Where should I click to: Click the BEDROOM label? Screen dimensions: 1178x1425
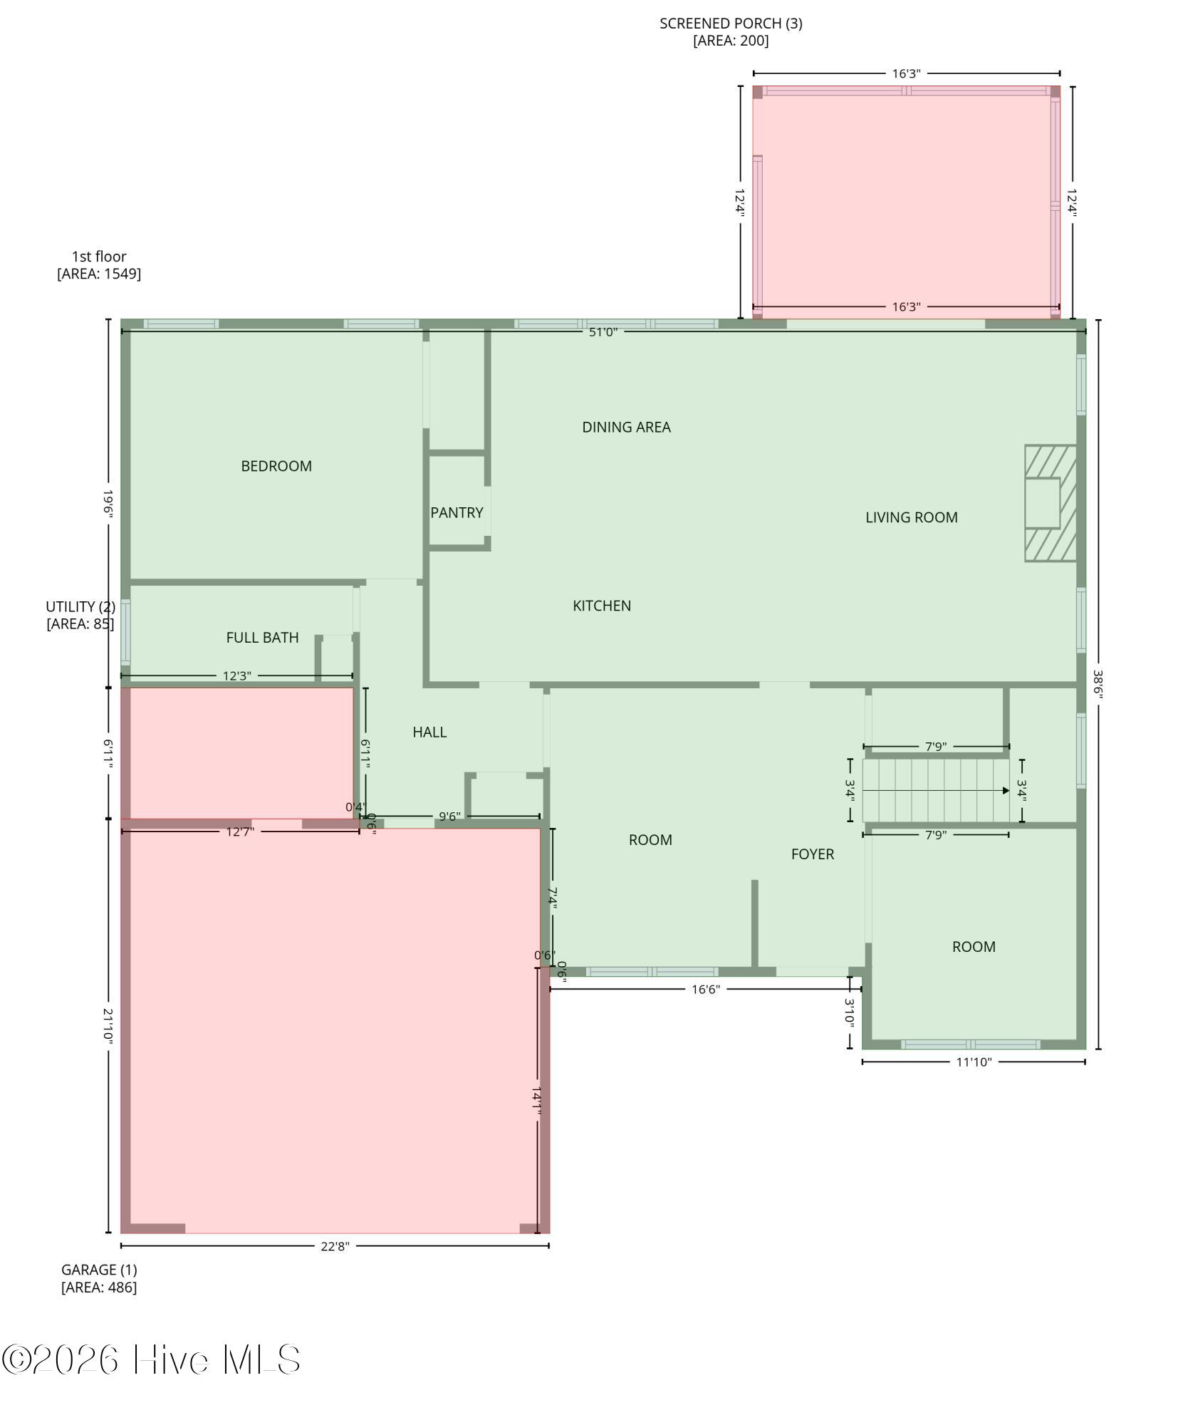click(276, 466)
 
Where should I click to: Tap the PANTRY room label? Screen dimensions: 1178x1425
click(457, 512)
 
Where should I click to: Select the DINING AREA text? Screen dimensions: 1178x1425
click(626, 427)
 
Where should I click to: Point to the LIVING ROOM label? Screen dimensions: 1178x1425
click(911, 517)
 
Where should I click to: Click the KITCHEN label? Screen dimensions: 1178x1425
click(602, 606)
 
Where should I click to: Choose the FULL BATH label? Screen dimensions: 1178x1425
click(262, 638)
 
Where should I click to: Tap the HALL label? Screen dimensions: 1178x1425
click(429, 732)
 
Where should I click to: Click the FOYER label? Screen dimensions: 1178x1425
click(812, 854)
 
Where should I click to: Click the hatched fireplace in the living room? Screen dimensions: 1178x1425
click(1050, 503)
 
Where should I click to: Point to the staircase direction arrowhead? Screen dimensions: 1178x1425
click(1006, 790)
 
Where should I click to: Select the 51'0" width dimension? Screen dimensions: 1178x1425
click(603, 331)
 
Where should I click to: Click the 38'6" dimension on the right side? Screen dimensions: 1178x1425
click(1098, 684)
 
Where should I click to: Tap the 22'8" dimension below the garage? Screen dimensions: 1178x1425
click(335, 1245)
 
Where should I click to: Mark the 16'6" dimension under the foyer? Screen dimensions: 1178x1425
click(705, 989)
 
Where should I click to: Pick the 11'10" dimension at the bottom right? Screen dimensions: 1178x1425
click(974, 1062)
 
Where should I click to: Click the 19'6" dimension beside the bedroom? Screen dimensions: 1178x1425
click(108, 503)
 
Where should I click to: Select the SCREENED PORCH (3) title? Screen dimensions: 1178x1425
click(731, 24)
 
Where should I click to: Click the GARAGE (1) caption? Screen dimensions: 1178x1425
click(99, 1270)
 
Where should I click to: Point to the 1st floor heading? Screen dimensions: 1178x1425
click(99, 256)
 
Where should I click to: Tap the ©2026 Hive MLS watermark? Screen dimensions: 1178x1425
click(151, 1359)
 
